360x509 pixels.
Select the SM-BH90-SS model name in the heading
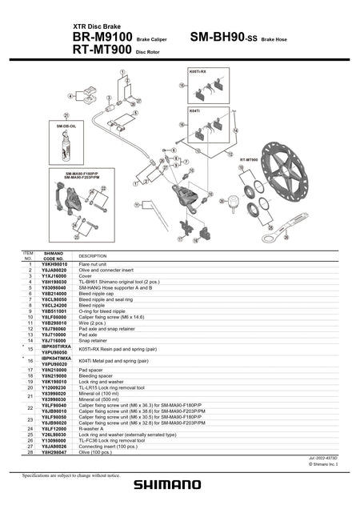[x=223, y=38]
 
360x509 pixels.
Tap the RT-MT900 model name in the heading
[x=102, y=50]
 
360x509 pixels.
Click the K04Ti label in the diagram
[x=194, y=110]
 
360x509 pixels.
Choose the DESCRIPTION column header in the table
[x=92, y=255]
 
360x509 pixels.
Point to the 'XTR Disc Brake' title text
[x=97, y=26]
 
